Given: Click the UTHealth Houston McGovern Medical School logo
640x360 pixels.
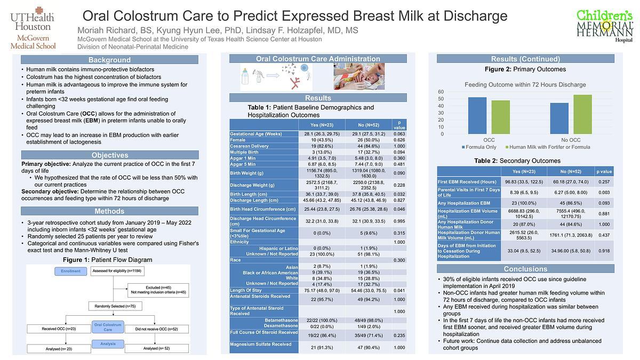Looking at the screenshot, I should pos(33,28).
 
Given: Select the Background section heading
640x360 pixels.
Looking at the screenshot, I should pos(109,60).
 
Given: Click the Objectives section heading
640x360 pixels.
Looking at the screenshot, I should pos(109,155).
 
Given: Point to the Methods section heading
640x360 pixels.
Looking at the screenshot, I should pos(109,211).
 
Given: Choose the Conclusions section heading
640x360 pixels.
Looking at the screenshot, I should pos(525,269).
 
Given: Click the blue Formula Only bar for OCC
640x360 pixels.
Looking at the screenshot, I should pos(477,116).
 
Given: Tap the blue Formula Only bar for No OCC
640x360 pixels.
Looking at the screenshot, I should pos(559,118).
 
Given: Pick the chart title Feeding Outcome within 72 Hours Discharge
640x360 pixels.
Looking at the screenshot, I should pos(525,84).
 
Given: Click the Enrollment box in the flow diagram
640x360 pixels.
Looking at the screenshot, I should pos(70,271).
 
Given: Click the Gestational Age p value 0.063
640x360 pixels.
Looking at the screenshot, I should pos(399,134).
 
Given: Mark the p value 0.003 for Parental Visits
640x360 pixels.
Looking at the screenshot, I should pos(604,193).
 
